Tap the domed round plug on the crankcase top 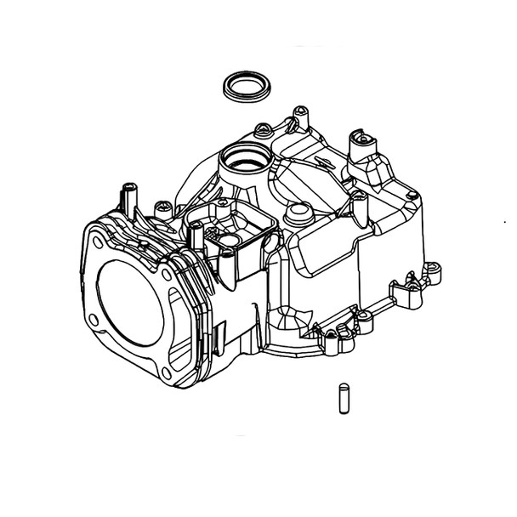pos(297,211)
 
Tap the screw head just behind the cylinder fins pos(159,206)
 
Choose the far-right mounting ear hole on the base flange pos(434,270)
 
